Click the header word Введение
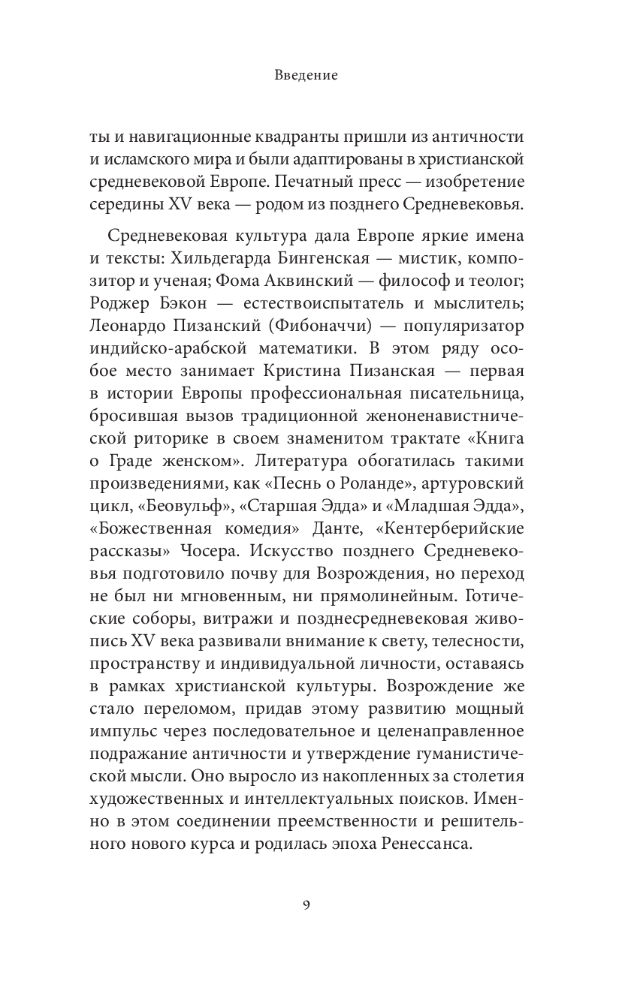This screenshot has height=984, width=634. point(306,75)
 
